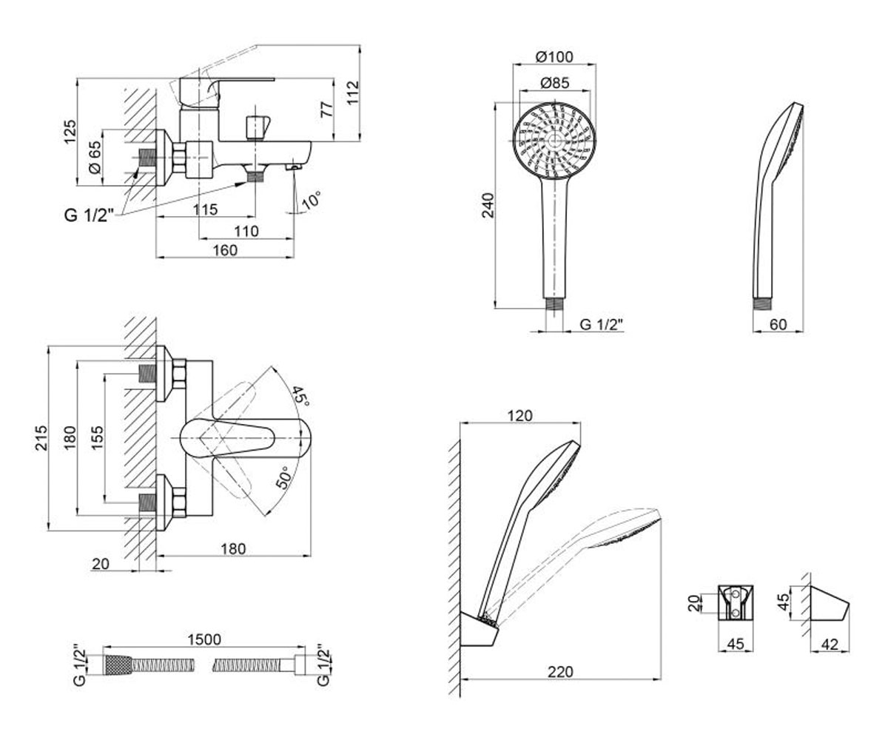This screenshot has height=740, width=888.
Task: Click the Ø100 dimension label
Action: (554, 56)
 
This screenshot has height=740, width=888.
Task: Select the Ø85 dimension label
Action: (554, 83)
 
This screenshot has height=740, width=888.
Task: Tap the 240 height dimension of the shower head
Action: (488, 205)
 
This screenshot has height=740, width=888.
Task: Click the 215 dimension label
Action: (41, 437)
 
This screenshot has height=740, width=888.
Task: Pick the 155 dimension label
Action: (97, 437)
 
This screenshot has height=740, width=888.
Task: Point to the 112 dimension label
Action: (352, 93)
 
